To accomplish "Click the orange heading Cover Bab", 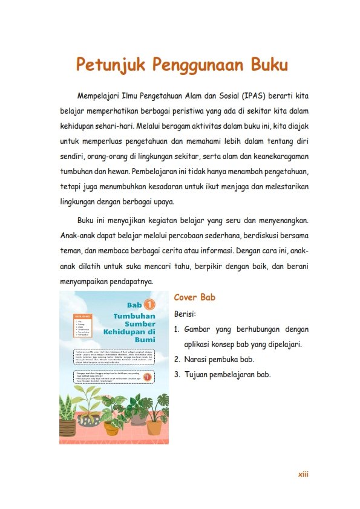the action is [x=195, y=298].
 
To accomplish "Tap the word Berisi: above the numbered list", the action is [x=185, y=315].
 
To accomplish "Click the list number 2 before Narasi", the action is [x=176, y=360].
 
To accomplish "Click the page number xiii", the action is [x=303, y=475].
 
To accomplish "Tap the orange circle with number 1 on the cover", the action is [x=150, y=305].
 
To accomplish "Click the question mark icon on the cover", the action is [x=148, y=377].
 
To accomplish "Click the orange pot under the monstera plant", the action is [x=154, y=427].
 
